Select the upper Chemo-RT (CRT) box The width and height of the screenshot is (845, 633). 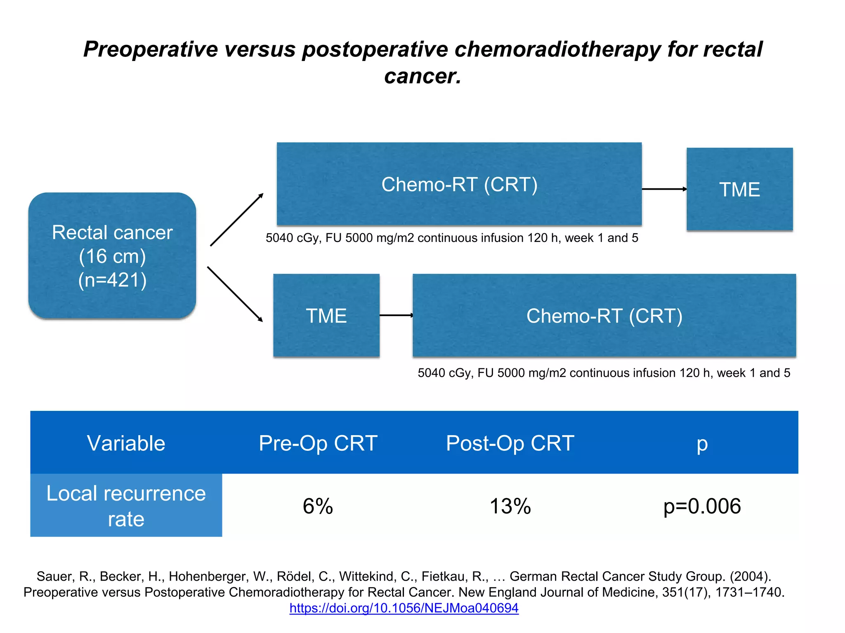459,184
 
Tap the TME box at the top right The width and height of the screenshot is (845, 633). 739,189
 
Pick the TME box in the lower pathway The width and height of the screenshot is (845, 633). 326,316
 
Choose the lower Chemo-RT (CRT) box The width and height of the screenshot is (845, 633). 604,316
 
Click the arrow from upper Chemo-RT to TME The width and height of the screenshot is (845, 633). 663,189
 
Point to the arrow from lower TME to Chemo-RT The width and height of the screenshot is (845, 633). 396,315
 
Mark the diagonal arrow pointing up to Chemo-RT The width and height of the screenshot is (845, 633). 236,220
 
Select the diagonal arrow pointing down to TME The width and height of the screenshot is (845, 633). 235,294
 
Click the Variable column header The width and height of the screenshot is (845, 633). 126,443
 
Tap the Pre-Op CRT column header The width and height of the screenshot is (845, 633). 318,443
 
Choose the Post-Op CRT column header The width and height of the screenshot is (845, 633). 510,443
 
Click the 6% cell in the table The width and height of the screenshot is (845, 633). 318,506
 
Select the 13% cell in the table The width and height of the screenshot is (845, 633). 510,506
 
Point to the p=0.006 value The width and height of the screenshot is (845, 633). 702,506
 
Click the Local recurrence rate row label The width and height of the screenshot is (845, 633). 126,506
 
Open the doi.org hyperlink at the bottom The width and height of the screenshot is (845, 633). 404,608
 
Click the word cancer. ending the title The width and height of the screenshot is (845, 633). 422,76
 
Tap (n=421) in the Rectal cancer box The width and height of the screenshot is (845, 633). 112,280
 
